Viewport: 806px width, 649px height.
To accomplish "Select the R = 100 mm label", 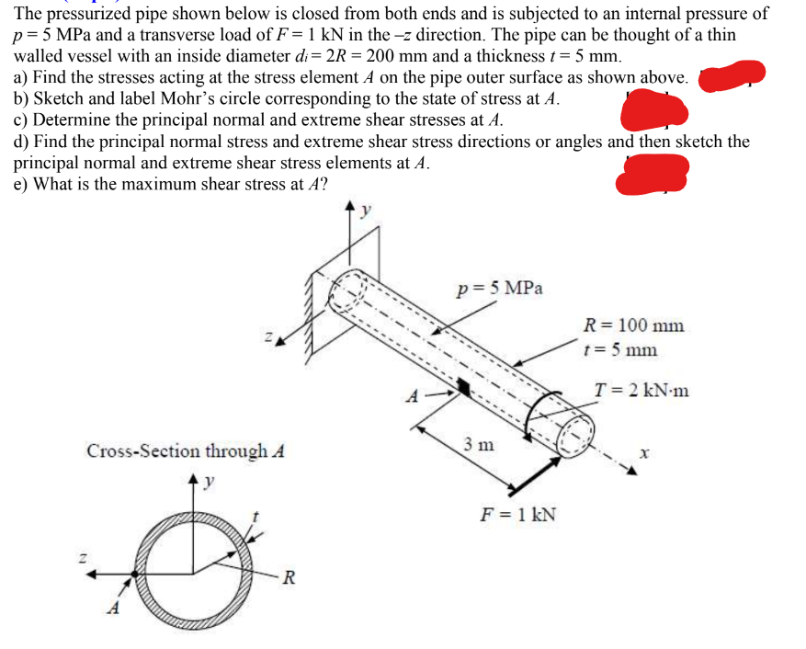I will pyautogui.click(x=634, y=325).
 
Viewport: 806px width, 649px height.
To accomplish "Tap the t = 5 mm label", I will pyautogui.click(x=620, y=349).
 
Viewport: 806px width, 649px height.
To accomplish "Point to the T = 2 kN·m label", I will pyautogui.click(x=641, y=391).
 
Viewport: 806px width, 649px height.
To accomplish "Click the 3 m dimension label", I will pyautogui.click(x=478, y=444).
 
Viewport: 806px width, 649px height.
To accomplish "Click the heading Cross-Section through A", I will pyautogui.click(x=186, y=451).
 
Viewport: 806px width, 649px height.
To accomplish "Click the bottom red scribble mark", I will pyautogui.click(x=652, y=175).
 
